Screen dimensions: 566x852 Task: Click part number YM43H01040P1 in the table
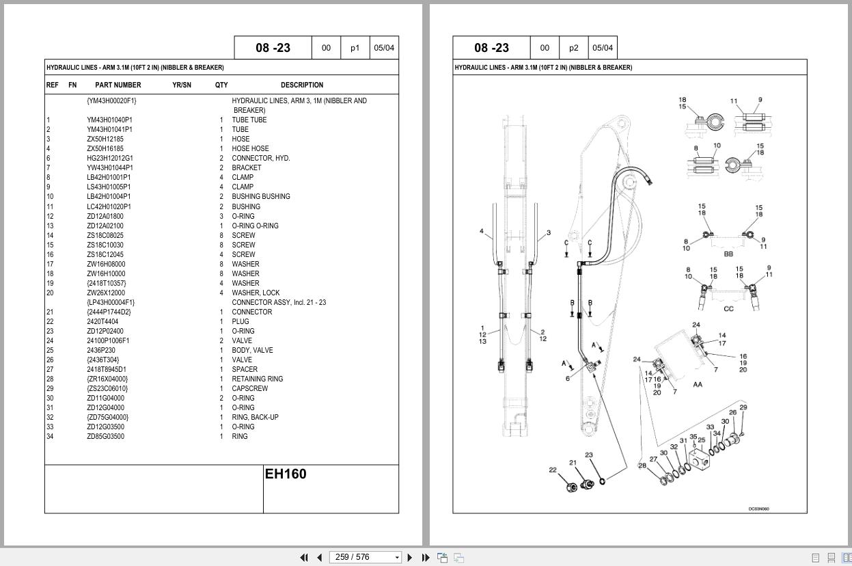click(x=109, y=120)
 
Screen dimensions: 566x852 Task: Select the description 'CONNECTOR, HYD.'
click(x=260, y=158)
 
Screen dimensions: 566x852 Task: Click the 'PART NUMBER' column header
click(x=118, y=85)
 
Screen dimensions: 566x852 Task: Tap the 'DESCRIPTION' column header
click(x=301, y=85)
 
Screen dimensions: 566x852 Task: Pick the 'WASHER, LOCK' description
click(x=255, y=293)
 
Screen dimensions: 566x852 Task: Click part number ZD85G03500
click(x=105, y=436)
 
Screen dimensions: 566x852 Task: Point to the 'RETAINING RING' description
click(x=257, y=379)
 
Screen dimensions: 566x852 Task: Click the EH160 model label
click(x=286, y=474)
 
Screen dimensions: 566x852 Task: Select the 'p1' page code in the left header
click(x=355, y=48)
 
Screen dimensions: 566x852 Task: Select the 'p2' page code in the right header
click(x=573, y=48)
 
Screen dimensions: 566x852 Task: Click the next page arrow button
click(x=410, y=557)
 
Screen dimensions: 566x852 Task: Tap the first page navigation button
click(x=304, y=557)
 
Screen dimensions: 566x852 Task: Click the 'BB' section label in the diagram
click(x=728, y=254)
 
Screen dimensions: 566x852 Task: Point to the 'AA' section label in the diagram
click(x=697, y=384)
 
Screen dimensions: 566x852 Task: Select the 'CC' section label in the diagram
click(x=728, y=309)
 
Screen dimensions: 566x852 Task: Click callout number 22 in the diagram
click(x=553, y=470)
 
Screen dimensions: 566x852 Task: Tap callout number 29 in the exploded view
click(x=743, y=407)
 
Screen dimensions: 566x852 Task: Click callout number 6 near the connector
click(x=567, y=379)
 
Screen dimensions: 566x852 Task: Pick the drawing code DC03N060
click(x=758, y=509)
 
